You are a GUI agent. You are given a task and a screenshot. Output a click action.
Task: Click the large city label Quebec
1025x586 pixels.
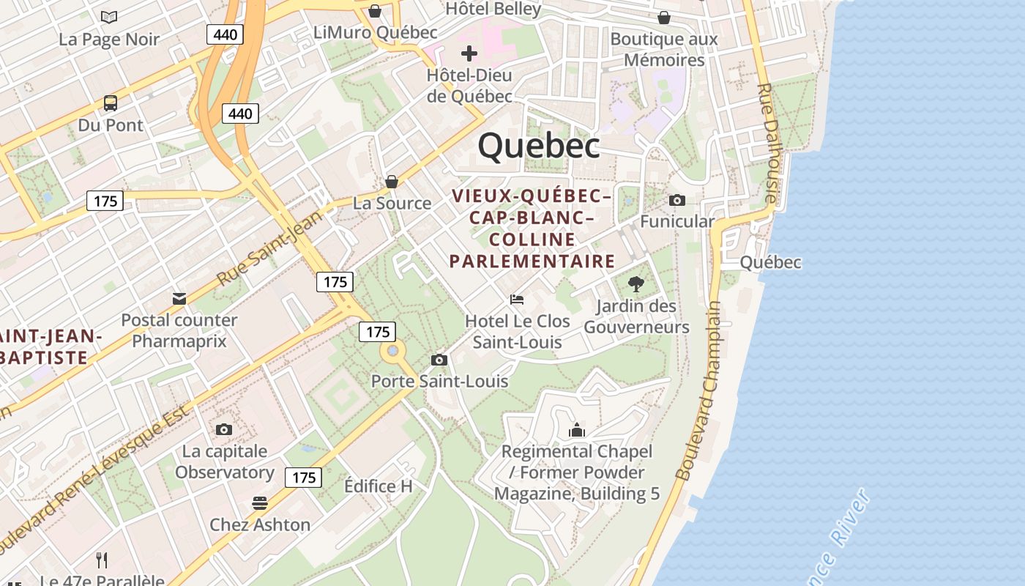pos(539,146)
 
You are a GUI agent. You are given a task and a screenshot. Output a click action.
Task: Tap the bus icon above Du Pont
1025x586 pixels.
pos(111,103)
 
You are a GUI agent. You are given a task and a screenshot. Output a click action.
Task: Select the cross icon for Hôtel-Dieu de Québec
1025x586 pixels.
pos(469,53)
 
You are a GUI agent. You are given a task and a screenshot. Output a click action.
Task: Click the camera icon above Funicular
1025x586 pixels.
pos(677,200)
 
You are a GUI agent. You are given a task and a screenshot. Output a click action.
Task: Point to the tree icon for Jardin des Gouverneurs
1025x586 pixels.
pos(636,284)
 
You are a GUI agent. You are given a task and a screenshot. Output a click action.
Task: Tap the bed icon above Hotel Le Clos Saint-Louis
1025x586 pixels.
pos(517,300)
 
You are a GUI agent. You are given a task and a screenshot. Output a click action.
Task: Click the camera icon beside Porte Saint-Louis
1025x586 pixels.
pos(439,360)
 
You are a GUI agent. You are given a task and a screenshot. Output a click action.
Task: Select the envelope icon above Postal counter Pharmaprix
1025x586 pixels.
pos(179,298)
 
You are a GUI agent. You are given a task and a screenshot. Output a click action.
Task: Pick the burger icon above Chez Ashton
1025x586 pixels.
pos(260,503)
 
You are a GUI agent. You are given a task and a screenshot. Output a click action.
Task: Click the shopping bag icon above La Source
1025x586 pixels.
pos(392,182)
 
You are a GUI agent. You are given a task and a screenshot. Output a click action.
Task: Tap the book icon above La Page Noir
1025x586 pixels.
pos(109,17)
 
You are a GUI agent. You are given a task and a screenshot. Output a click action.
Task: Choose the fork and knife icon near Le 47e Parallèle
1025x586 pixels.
pos(102,560)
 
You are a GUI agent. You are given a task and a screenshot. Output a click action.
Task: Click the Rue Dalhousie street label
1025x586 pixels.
pos(766,143)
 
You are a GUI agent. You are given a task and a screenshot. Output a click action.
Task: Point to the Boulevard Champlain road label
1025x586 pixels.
pos(698,392)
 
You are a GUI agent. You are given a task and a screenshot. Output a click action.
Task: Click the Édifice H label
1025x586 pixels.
pos(379,486)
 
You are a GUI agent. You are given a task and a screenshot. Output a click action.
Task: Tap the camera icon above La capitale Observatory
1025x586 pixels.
pos(224,429)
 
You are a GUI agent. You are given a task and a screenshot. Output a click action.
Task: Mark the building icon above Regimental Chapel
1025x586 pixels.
pos(577,430)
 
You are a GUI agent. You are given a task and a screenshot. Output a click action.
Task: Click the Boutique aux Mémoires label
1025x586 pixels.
pos(664,49)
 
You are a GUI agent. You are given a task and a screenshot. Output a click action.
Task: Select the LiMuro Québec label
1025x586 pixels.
pos(375,32)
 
